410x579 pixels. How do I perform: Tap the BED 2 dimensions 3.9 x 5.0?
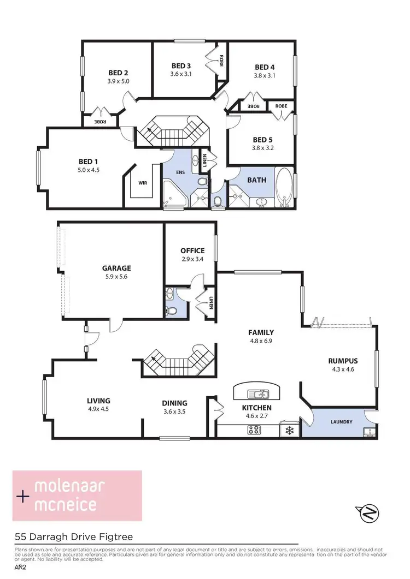118,81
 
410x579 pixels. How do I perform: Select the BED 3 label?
181,66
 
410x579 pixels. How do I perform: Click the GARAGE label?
116,268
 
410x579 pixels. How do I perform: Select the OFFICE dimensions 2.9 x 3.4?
192,259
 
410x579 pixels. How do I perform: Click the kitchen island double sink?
257,393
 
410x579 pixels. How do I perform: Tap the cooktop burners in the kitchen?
255,431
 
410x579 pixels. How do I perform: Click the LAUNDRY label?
341,422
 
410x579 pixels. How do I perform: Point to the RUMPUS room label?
343,361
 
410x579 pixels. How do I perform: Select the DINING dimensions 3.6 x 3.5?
174,412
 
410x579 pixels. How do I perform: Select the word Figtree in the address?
115,537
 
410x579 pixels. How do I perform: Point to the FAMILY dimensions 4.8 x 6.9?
261,341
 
